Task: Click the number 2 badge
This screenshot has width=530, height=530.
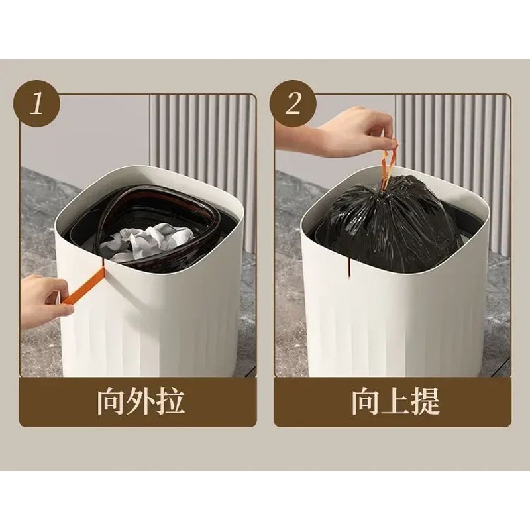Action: pyautogui.click(x=293, y=104)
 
